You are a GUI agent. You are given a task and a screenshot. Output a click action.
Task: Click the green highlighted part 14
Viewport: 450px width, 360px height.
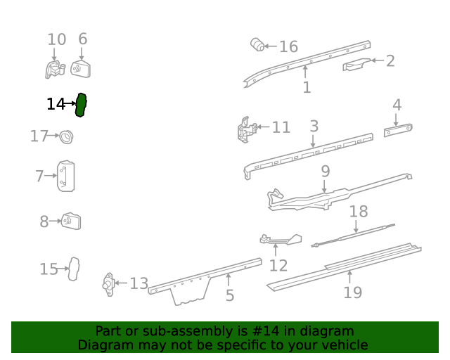tap(81, 105)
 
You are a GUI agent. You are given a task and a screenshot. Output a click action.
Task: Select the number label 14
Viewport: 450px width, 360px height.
tap(55, 105)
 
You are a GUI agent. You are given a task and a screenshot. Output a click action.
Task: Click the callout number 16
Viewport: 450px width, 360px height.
tap(288, 47)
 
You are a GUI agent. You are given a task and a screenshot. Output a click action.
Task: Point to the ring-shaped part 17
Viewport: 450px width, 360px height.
tap(67, 136)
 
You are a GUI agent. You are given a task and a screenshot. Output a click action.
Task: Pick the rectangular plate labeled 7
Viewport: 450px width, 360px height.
tap(67, 176)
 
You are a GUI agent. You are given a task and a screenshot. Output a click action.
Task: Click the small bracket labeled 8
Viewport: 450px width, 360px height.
tap(71, 221)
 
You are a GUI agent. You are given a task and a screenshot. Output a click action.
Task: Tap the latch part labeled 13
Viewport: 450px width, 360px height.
tap(108, 284)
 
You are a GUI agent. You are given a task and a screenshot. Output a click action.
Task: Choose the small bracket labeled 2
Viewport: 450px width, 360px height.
tap(356, 65)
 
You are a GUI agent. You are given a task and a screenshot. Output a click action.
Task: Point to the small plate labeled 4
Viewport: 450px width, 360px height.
tap(398, 131)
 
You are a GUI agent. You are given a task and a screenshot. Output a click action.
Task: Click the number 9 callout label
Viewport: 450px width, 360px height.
tap(325, 172)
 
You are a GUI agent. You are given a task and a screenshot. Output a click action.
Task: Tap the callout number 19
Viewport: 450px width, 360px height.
tap(352, 292)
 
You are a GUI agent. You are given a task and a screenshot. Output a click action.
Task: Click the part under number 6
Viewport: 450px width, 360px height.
tap(82, 70)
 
